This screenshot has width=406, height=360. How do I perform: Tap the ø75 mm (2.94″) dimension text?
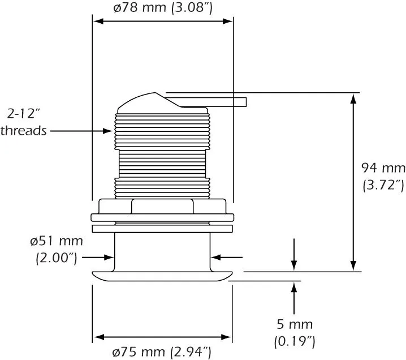pos(162,352)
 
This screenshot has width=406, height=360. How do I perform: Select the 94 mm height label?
pos(383,168)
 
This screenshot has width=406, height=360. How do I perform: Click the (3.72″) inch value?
pos(383,184)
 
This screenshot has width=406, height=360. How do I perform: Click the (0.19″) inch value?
pos(293,341)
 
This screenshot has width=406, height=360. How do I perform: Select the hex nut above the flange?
pos(163,206)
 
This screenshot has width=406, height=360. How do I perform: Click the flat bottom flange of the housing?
pos(162,275)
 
